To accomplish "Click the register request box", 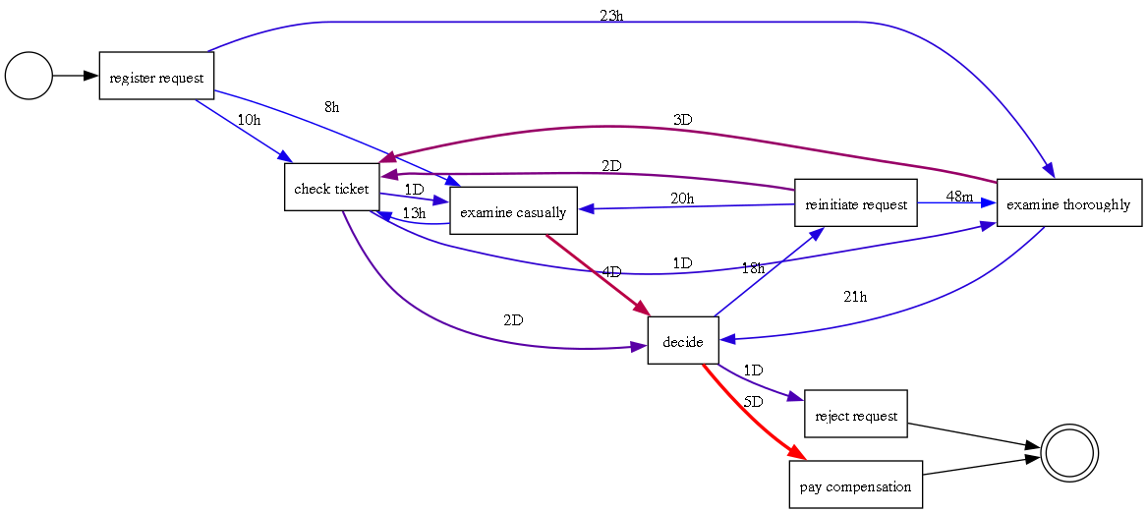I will [156, 76].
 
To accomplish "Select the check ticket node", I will [331, 188].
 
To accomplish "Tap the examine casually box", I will [513, 211].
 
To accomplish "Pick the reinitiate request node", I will [855, 203].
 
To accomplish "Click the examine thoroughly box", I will [1068, 203].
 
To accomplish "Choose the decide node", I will [683, 341].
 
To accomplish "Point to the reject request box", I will [855, 415].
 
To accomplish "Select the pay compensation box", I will [855, 485].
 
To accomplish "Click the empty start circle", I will [29, 76].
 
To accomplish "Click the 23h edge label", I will [611, 17].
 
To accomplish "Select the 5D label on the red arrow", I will [753, 402].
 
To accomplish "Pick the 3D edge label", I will [682, 120].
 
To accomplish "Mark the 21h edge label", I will [855, 297].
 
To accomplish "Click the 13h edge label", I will [414, 212].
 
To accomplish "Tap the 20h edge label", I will [682, 198].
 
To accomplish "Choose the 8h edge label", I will [331, 106].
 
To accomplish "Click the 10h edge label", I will [249, 120].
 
